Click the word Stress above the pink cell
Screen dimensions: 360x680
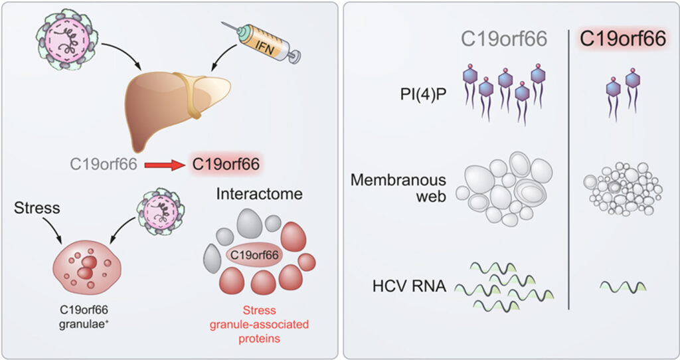click(36, 209)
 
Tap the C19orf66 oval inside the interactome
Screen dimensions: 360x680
click(255, 254)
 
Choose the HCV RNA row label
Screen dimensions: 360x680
click(410, 286)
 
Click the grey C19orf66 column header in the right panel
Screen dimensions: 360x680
click(505, 39)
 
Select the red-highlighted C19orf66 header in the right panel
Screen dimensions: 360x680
click(622, 39)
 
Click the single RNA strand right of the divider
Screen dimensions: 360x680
click(622, 287)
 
